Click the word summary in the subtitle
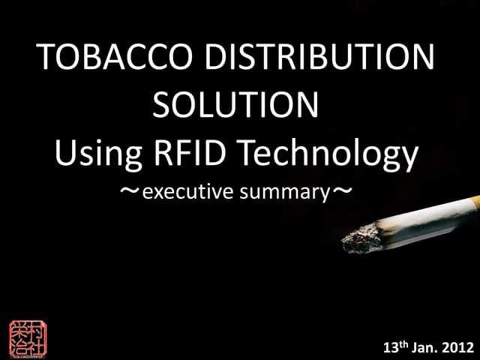[x=285, y=193]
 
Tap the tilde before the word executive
[x=130, y=192]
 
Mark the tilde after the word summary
[x=341, y=192]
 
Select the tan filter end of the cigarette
[x=474, y=200]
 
